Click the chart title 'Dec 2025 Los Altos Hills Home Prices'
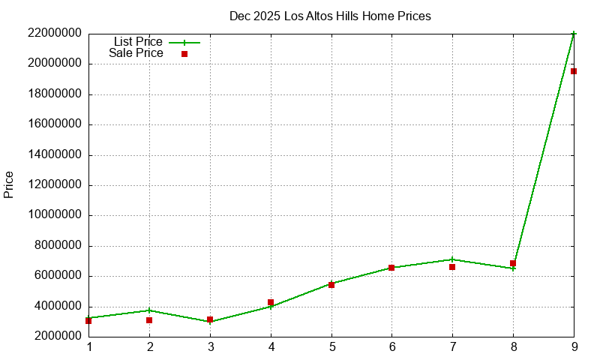point(330,16)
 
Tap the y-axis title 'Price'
point(9,184)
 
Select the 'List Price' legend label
point(138,42)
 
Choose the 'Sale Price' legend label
point(136,53)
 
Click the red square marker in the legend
point(184,54)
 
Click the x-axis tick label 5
point(331,347)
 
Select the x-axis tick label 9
point(574,347)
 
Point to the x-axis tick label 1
point(89,347)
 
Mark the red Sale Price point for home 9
point(574,71)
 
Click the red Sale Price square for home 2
point(149,320)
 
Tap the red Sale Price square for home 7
point(452,266)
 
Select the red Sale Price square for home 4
point(271,302)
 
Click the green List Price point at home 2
point(149,310)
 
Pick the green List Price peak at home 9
point(574,34)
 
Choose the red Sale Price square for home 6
point(391,268)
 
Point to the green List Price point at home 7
point(452,259)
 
